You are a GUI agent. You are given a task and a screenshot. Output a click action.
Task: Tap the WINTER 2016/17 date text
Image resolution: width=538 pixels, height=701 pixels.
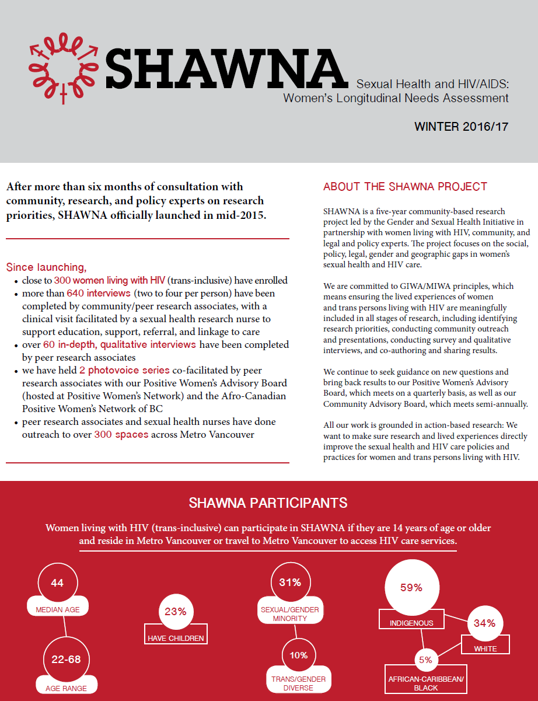click(461, 127)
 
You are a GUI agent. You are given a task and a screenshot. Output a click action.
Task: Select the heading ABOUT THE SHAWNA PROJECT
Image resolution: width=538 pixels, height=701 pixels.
click(405, 187)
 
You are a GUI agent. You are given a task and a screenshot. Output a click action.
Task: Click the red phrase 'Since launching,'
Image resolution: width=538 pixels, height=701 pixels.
click(46, 267)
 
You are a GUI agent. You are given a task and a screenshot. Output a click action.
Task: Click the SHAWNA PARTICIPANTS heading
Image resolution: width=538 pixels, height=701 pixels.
click(268, 503)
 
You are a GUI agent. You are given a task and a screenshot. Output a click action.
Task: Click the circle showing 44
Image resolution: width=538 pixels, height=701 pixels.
click(57, 583)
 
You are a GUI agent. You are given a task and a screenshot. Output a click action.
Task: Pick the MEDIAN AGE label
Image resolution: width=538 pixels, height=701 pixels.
click(58, 609)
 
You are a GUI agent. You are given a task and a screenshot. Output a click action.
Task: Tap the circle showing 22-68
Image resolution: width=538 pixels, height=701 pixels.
click(66, 660)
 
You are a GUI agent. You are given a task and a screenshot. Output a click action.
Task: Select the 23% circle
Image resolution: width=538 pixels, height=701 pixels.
click(175, 612)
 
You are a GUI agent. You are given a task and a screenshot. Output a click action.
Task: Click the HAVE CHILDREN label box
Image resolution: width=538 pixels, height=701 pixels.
click(176, 638)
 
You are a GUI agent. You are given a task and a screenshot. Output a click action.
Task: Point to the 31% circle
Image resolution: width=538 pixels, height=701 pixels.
click(290, 583)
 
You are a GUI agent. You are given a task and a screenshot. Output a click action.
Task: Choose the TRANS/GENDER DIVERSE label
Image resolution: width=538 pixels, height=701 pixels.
click(298, 683)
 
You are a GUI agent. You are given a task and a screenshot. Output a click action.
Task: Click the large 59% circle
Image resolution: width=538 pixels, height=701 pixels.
click(411, 588)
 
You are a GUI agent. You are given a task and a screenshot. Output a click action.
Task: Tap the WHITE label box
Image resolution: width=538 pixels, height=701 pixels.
click(485, 648)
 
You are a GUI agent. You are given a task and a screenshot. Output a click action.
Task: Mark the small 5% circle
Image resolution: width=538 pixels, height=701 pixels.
click(425, 660)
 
